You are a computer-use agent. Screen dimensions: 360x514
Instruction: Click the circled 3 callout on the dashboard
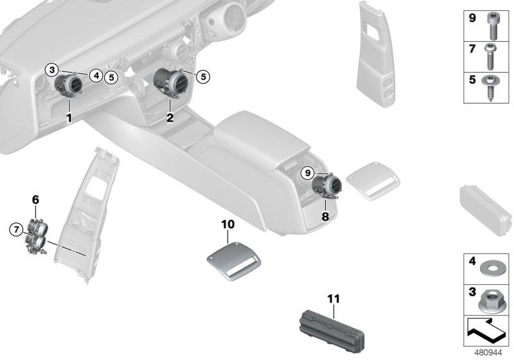click(54, 69)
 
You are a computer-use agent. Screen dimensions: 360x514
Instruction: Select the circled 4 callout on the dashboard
click(95, 75)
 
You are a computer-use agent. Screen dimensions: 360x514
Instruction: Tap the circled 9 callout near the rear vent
click(308, 172)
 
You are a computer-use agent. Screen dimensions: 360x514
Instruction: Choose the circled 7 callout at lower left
click(15, 229)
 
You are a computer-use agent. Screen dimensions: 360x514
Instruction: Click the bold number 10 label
click(228, 224)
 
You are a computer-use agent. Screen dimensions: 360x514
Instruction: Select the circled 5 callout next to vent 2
click(203, 76)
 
